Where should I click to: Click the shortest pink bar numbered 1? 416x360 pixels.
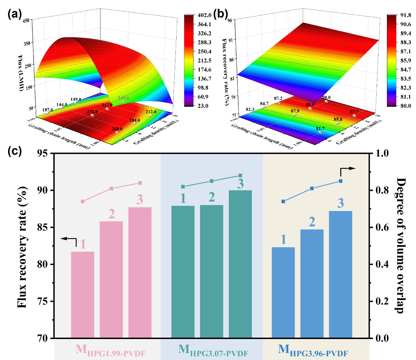(x=82, y=295)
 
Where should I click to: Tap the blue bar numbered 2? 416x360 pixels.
(x=312, y=283)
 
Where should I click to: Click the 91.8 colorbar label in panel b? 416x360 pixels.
(x=401, y=15)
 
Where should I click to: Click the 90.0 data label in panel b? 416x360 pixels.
(x=326, y=98)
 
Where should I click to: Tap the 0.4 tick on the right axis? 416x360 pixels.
(x=380, y=264)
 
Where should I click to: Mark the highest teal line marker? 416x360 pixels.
(x=240, y=175)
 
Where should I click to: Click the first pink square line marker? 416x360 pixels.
(x=83, y=201)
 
